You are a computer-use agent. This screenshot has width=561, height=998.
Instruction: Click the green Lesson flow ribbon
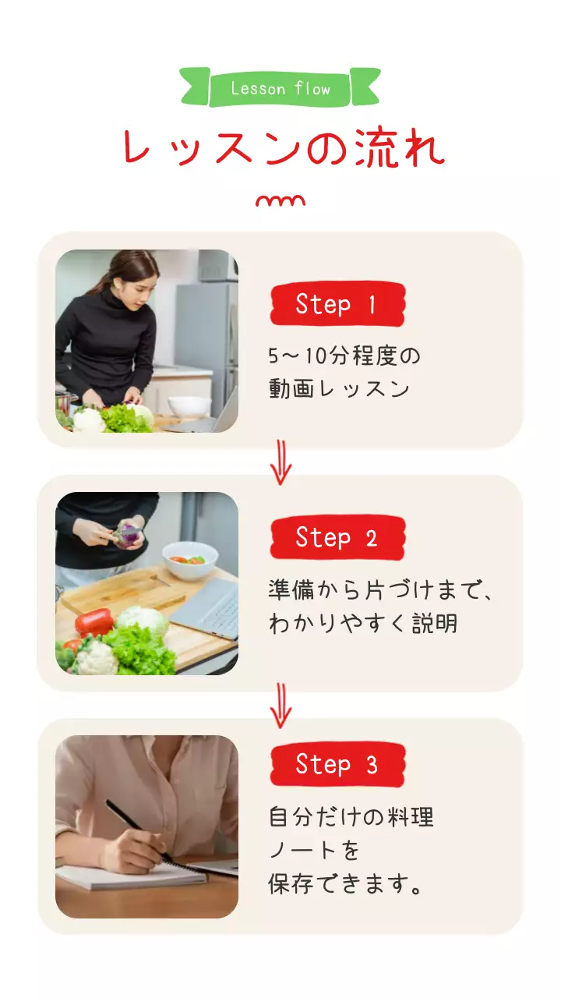click(280, 88)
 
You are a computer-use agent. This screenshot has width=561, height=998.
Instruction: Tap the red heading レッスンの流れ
click(282, 147)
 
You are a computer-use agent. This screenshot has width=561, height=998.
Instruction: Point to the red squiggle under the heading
click(280, 202)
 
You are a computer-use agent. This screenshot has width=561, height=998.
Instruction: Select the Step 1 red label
click(337, 304)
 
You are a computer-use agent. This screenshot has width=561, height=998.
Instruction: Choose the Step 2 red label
click(337, 537)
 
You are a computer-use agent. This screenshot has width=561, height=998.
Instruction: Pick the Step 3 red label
click(337, 764)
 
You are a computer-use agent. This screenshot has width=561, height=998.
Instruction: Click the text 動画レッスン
click(340, 388)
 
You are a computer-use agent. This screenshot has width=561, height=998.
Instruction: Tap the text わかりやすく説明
click(363, 624)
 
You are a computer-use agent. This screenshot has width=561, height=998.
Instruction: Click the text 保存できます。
click(348, 885)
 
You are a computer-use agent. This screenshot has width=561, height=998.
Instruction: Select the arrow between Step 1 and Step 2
click(280, 462)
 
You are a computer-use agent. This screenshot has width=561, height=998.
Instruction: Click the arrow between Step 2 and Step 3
click(280, 705)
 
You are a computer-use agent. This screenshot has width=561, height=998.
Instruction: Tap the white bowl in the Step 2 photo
click(189, 561)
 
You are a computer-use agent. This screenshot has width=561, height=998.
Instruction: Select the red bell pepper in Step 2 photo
click(94, 621)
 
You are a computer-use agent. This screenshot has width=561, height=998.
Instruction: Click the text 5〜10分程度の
click(344, 356)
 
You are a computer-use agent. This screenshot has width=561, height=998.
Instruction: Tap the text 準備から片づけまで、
click(381, 590)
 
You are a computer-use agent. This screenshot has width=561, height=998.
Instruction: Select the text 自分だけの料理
click(351, 817)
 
